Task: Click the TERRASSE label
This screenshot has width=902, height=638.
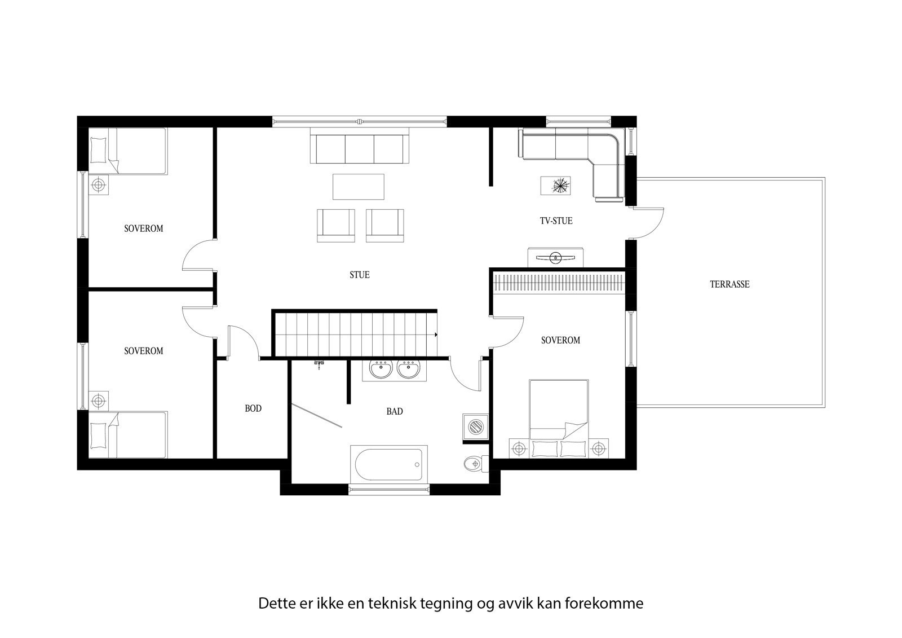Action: (729, 284)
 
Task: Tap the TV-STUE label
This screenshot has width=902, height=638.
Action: (555, 221)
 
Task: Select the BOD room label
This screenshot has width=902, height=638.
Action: (253, 408)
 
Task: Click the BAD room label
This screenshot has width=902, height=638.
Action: (395, 411)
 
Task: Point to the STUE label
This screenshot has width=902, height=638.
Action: (360, 275)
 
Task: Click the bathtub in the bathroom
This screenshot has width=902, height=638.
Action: (388, 464)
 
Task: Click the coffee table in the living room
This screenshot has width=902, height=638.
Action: (359, 187)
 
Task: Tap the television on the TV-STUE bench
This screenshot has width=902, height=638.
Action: (555, 258)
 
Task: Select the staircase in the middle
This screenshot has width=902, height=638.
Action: (355, 334)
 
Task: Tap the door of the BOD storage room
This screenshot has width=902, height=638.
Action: (242, 342)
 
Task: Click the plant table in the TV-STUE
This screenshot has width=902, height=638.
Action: (556, 185)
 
